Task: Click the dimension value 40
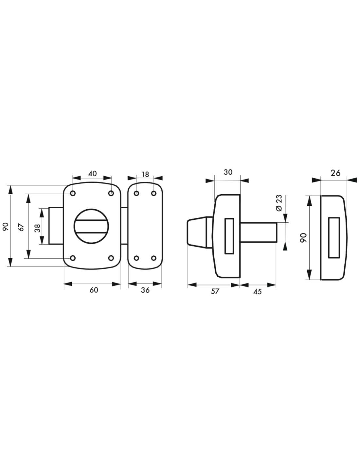[x=93, y=173]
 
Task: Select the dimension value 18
[x=145, y=174]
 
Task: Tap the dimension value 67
[x=22, y=227]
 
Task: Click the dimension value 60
[x=94, y=290]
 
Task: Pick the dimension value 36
[x=145, y=290]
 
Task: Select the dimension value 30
[x=228, y=172]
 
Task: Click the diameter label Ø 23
[x=279, y=203]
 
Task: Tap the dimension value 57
[x=215, y=291]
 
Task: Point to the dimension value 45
[x=258, y=291]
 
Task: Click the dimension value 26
[x=335, y=173]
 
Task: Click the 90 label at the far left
[x=6, y=226]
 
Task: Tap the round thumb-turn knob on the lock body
[x=92, y=226]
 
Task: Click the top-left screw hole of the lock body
[x=73, y=194]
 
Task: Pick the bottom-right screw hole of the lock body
[x=111, y=258]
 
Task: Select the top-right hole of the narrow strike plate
[x=153, y=194]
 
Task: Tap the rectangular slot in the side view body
[x=229, y=236]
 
